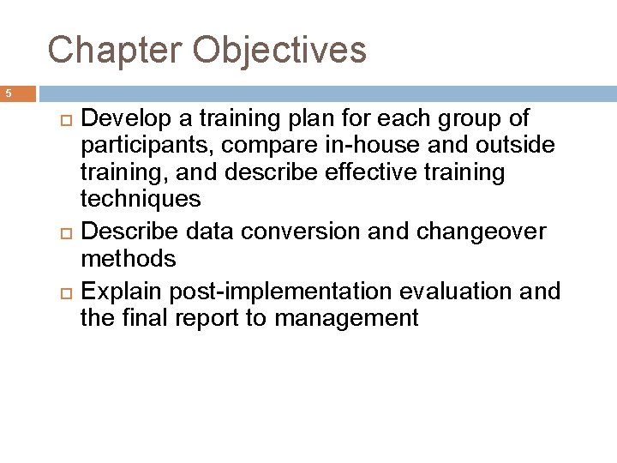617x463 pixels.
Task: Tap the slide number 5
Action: click(x=6, y=93)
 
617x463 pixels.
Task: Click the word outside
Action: click(x=514, y=146)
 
